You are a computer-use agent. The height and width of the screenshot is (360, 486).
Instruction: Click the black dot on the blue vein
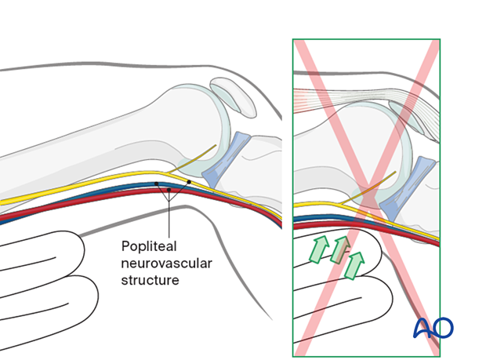pyautogui.click(x=157, y=184)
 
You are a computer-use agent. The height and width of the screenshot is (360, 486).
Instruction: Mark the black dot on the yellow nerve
pyautogui.click(x=189, y=183)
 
